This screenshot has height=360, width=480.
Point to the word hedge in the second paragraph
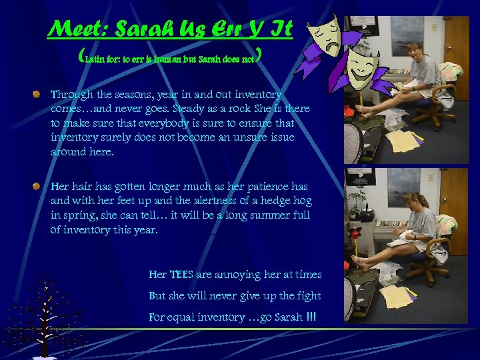[275, 201]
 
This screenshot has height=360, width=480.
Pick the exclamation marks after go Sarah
[310, 317]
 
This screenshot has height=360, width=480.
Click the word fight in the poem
[309, 296]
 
